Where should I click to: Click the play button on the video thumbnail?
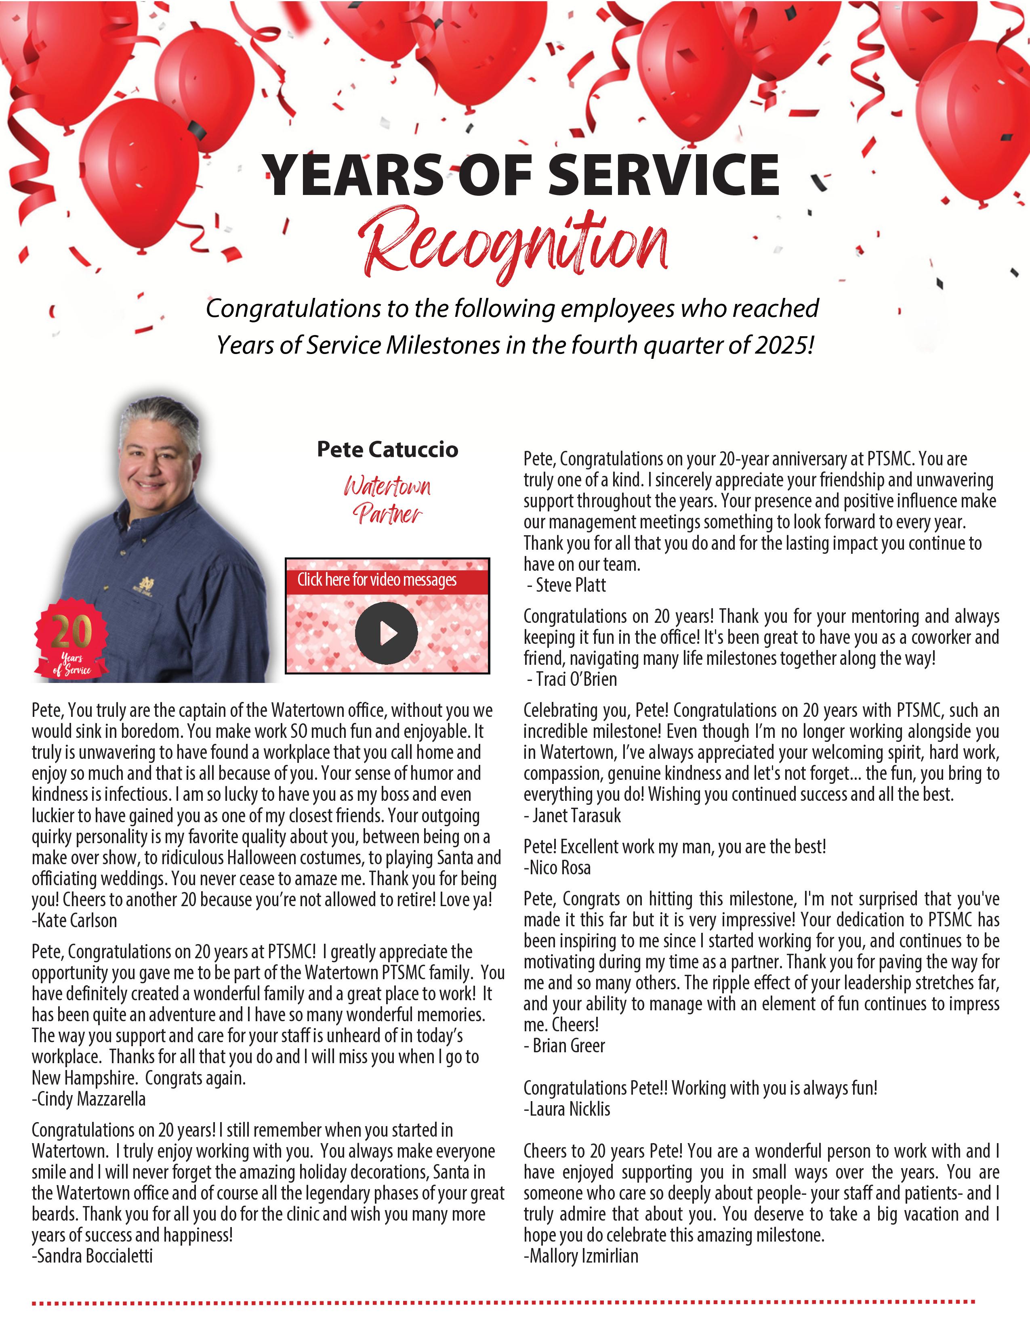[x=386, y=633]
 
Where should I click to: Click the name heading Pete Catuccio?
[x=387, y=450]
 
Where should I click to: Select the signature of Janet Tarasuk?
[x=573, y=815]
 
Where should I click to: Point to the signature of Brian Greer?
[x=565, y=1045]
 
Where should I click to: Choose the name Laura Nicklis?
[x=567, y=1109]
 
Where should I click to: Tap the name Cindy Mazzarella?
[x=89, y=1099]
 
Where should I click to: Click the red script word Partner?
[x=387, y=513]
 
